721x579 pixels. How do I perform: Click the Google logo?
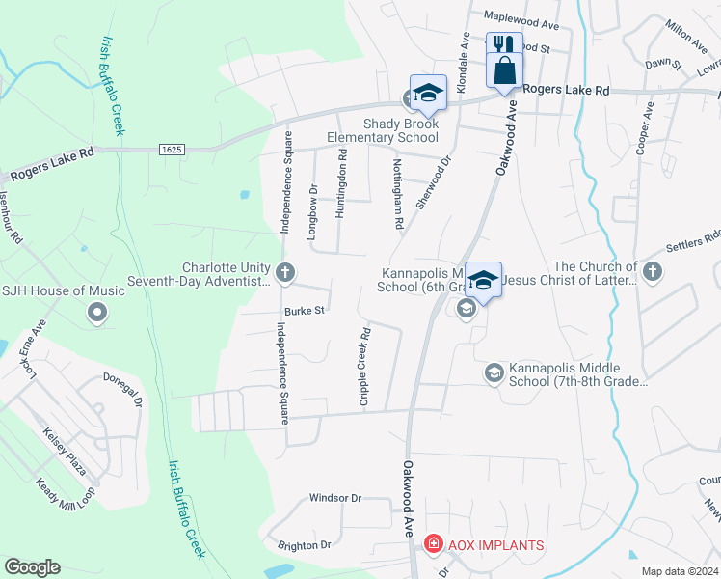pos(32,567)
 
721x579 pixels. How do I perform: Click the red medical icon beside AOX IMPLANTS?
pos(433,545)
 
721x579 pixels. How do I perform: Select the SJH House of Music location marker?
pos(96,312)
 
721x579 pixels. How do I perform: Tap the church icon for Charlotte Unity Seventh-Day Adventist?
pos(284,273)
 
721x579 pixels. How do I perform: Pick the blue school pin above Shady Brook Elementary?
pos(428,93)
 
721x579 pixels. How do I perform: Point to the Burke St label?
pos(305,310)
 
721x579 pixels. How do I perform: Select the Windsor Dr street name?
pos(334,498)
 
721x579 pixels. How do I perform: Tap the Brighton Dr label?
pos(304,545)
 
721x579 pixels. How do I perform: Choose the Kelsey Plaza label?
pos(66,452)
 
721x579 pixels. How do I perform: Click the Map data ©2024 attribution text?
pos(680,571)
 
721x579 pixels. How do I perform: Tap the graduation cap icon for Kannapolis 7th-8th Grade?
pos(494,372)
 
